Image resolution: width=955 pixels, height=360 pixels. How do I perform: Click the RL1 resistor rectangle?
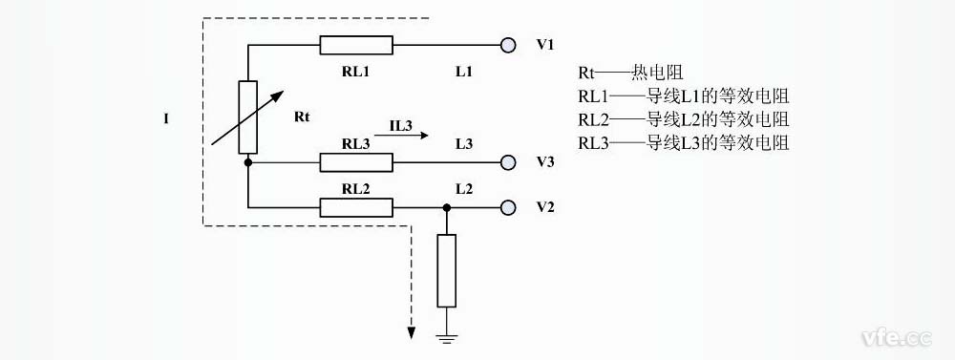coord(355,45)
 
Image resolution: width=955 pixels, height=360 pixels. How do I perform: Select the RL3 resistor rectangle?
coord(355,162)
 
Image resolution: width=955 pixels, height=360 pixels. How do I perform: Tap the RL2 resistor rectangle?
coord(355,207)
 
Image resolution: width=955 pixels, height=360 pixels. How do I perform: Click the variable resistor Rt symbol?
coord(247,117)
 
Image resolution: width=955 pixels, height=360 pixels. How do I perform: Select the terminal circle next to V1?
coord(508,45)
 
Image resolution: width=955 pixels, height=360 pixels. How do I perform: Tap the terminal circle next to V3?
coord(508,162)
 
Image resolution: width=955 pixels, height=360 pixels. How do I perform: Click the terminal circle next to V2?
coord(508,207)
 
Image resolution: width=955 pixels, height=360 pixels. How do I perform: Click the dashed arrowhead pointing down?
coord(412,331)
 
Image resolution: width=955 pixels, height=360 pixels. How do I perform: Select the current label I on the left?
coord(166,118)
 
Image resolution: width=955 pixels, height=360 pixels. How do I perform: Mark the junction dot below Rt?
coord(247,162)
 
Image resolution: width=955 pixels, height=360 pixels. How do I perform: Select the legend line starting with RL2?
coord(683,119)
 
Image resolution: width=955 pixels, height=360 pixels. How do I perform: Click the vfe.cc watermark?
coord(895,337)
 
